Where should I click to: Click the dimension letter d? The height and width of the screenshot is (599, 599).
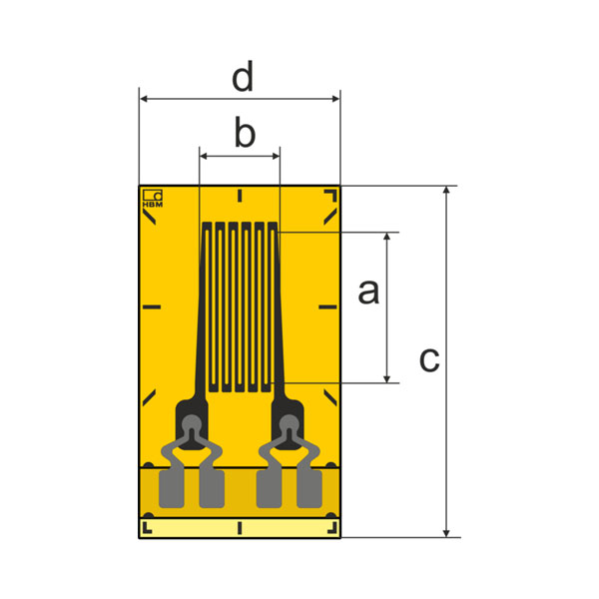[243, 76]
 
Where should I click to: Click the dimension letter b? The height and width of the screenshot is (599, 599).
[245, 132]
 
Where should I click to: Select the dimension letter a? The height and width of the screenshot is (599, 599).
[368, 292]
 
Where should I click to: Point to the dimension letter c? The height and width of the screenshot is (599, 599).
[429, 359]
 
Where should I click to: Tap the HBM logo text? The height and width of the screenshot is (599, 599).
[153, 205]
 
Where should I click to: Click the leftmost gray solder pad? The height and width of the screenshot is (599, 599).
[171, 489]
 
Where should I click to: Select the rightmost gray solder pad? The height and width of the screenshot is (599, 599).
[309, 489]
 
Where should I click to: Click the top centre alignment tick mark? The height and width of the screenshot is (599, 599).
[240, 196]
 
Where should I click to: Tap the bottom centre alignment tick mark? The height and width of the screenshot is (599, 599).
[240, 528]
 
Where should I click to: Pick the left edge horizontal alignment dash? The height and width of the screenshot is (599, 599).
[152, 306]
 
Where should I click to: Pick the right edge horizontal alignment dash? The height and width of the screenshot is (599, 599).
[327, 306]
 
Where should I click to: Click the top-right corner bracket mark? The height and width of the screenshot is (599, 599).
[330, 195]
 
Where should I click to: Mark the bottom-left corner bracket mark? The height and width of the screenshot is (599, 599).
[147, 528]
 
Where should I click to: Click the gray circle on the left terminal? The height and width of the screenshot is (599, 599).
[191, 424]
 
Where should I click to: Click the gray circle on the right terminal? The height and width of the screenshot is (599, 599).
[289, 424]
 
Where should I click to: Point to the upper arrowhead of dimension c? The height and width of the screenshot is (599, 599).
[446, 191]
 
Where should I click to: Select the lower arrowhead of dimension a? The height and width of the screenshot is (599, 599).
[386, 378]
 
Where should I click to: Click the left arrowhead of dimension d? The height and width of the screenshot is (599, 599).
[144, 99]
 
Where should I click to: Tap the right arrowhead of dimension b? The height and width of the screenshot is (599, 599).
[276, 156]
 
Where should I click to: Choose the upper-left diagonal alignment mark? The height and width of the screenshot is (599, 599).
[149, 218]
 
